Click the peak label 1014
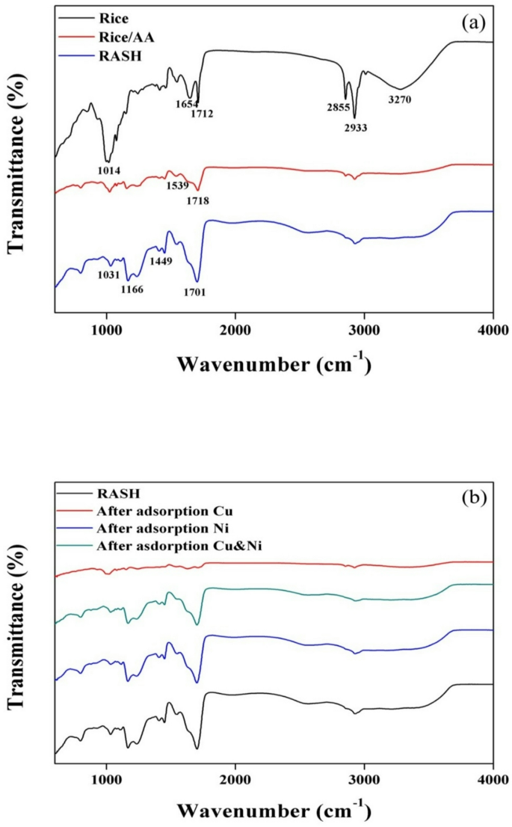[110, 170]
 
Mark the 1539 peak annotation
[177, 185]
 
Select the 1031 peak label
[109, 274]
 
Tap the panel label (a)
[474, 22]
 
